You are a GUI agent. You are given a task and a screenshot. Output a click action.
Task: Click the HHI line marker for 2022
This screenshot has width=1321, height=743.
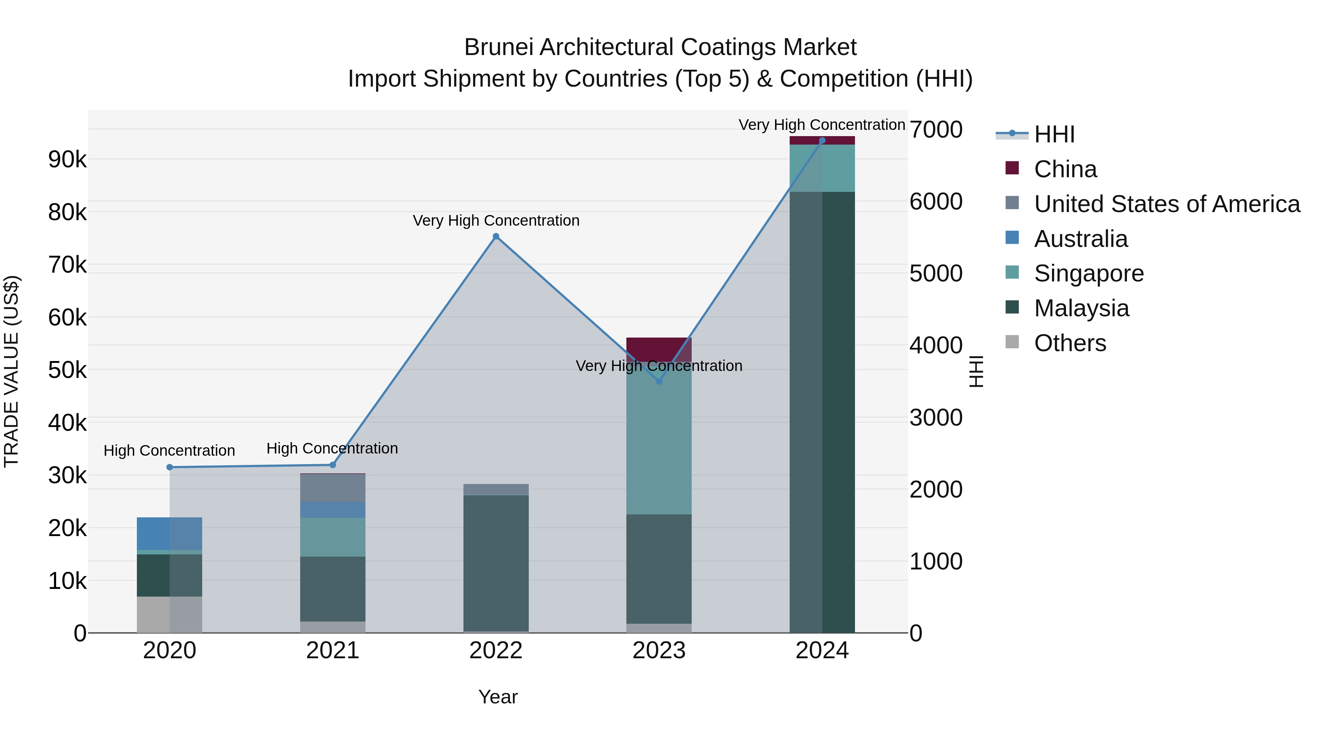click(495, 236)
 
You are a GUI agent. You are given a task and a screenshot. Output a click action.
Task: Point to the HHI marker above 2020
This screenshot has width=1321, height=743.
click(170, 467)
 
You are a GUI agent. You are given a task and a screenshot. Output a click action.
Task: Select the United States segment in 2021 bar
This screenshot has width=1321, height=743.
click(332, 488)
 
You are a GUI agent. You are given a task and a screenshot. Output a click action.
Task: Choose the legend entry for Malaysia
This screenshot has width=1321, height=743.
click(1081, 308)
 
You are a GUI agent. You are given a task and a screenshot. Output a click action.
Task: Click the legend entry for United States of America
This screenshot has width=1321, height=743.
click(1167, 204)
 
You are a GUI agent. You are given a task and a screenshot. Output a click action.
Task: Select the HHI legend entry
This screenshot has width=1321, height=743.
click(1054, 134)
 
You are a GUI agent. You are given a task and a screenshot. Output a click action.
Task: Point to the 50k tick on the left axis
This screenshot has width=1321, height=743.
click(67, 370)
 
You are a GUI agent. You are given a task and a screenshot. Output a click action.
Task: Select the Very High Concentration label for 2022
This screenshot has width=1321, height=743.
click(495, 221)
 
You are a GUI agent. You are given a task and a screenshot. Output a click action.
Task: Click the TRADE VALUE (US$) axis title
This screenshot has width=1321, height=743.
click(11, 371)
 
